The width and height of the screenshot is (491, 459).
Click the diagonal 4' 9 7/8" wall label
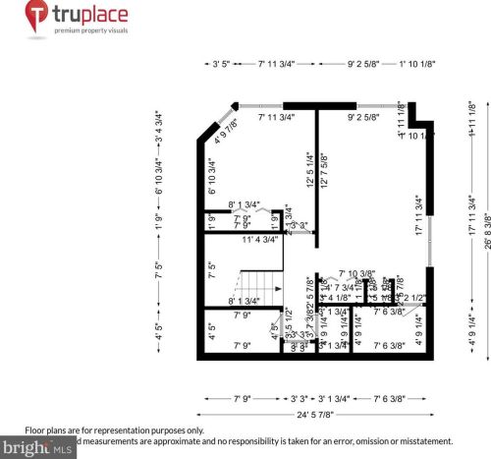[227, 133]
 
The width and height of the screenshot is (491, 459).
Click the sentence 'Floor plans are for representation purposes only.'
[115, 430]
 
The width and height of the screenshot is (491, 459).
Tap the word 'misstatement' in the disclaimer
[423, 441]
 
